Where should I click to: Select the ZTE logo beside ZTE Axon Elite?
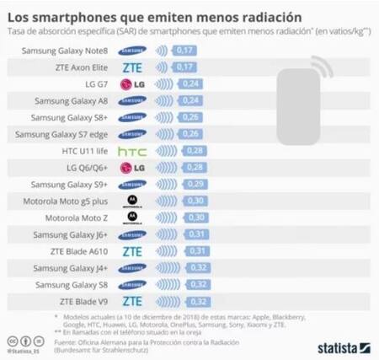pyautogui.click(x=132, y=67)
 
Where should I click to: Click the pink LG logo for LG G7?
pyautogui.click(x=132, y=84)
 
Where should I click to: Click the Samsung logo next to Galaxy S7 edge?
pyautogui.click(x=132, y=134)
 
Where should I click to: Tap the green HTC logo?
pyautogui.click(x=132, y=150)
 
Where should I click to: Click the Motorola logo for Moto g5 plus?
pyautogui.click(x=132, y=201)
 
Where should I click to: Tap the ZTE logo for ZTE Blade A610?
pyautogui.click(x=132, y=250)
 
